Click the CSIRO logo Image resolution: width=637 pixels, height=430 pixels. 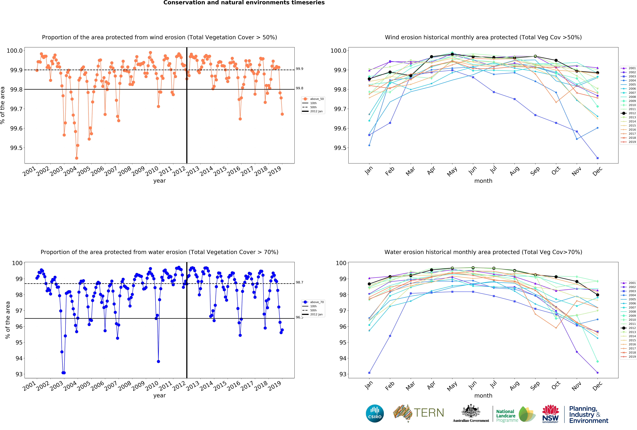click(x=375, y=413)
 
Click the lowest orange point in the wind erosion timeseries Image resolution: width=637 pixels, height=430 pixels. click(x=76, y=158)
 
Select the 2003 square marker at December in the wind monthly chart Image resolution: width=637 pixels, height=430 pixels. click(x=598, y=158)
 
